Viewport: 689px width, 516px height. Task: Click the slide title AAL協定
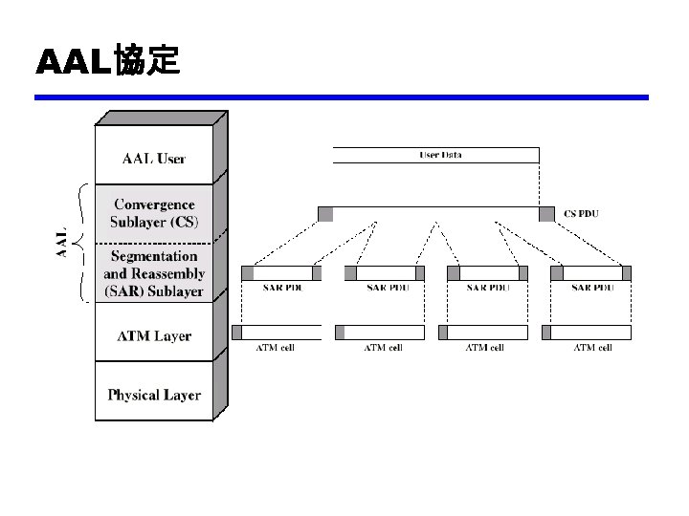click(107, 62)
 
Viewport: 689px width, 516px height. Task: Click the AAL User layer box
click(154, 158)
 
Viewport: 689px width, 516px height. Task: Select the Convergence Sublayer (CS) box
click(154, 212)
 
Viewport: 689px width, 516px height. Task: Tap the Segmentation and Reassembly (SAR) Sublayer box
click(154, 273)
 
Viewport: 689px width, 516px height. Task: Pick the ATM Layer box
click(154, 335)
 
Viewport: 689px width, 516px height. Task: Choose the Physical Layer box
click(154, 394)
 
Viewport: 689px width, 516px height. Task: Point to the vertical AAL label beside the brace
click(62, 242)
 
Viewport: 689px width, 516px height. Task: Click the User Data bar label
click(440, 155)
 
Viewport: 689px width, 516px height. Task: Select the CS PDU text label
click(582, 214)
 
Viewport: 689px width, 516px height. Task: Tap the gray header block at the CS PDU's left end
click(325, 214)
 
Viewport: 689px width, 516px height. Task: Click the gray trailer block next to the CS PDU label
click(546, 214)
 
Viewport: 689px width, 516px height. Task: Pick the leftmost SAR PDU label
click(279, 288)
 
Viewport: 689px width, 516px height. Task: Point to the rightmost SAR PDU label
click(592, 288)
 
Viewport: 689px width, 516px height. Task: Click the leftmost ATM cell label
click(275, 348)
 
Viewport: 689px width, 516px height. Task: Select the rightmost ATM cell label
click(592, 348)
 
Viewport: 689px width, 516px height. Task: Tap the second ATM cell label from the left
click(382, 348)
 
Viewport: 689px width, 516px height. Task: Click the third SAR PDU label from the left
click(488, 288)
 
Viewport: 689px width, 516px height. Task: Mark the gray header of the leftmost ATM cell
click(236, 333)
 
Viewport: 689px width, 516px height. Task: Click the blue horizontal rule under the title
click(342, 97)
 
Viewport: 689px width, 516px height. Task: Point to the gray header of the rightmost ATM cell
click(546, 333)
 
